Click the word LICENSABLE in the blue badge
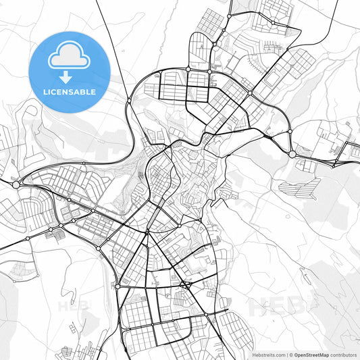pos(69,92)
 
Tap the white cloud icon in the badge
pos(69,55)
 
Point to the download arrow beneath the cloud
pos(69,75)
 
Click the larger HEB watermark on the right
pos(278,307)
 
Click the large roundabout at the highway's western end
pos(16,184)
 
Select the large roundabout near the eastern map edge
pos(292,155)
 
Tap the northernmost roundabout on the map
pos(230,15)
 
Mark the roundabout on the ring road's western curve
pos(129,101)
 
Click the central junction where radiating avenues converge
pos(147,233)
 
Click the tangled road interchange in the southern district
pos(184,284)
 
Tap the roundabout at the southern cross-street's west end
pos(118,287)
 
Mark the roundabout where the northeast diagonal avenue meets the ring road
pos(251,93)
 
